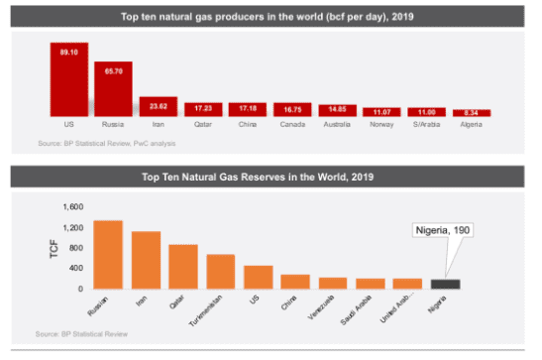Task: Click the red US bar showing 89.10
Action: click(x=68, y=79)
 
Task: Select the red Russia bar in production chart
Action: click(x=113, y=88)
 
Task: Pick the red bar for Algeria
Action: click(x=471, y=113)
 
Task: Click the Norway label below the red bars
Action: click(x=381, y=126)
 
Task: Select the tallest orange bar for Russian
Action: click(x=107, y=255)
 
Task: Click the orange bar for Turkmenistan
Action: click(x=220, y=272)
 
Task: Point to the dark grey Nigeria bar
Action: click(x=446, y=284)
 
